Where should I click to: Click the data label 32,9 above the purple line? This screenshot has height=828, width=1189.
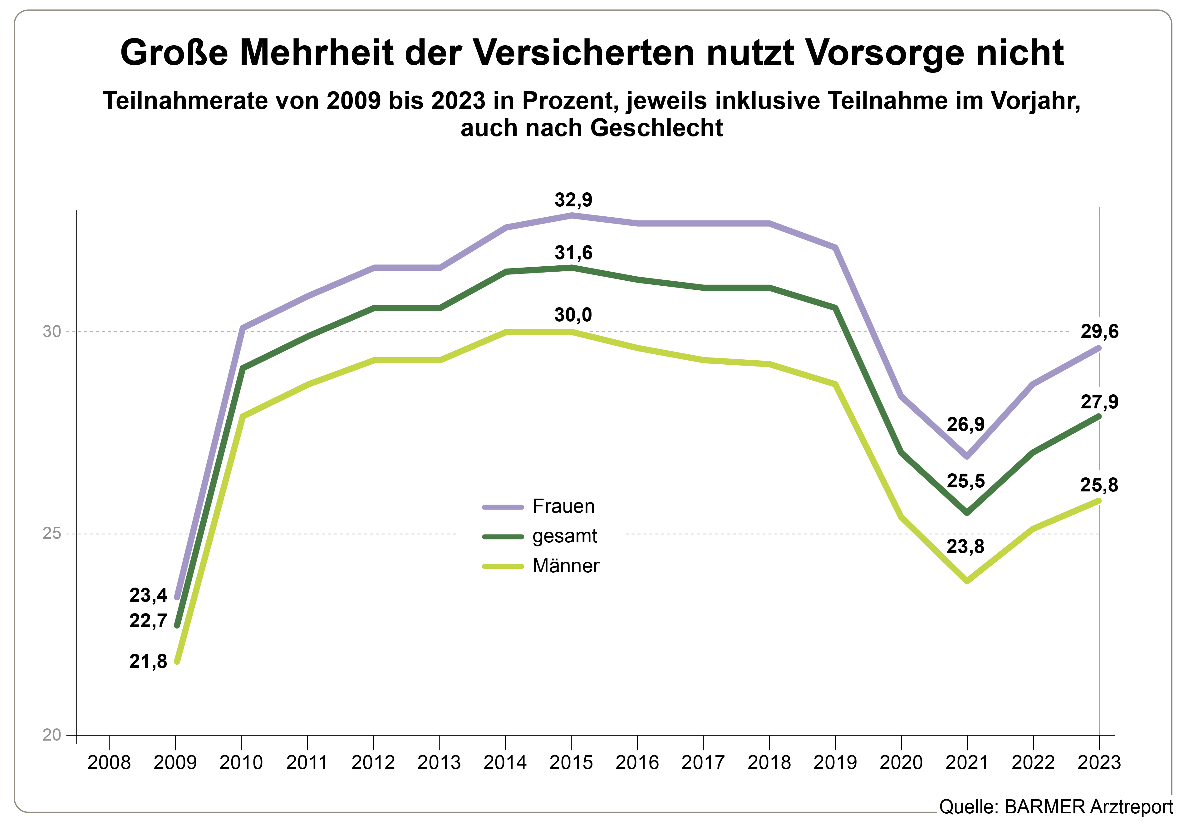click(x=573, y=200)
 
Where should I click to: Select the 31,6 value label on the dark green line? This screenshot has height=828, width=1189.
click(x=573, y=253)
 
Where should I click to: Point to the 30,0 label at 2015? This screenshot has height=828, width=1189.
click(x=573, y=315)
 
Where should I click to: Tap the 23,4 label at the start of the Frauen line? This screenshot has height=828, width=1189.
click(x=148, y=595)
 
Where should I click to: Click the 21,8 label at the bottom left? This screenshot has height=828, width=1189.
click(x=148, y=662)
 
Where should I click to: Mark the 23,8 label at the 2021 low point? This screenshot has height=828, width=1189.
click(x=965, y=547)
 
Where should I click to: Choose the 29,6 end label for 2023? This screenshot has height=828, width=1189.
click(x=1099, y=331)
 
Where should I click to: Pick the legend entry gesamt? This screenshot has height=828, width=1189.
click(x=564, y=536)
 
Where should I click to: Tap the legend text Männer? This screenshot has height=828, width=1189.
click(x=566, y=566)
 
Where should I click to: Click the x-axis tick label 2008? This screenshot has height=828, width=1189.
click(x=109, y=763)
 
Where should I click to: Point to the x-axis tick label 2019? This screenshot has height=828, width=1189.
click(x=835, y=763)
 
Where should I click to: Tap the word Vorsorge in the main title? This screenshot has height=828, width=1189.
click(x=885, y=53)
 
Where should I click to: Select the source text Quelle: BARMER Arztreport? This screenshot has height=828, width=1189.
click(x=1055, y=807)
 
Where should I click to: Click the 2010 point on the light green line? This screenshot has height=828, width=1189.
click(x=242, y=416)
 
